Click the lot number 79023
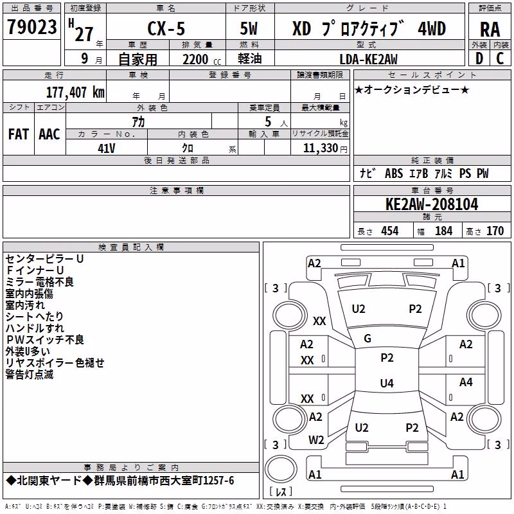pyautogui.click(x=31, y=27)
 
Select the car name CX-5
pyautogui.click(x=166, y=28)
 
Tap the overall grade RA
pyautogui.click(x=490, y=30)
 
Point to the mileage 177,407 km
pyautogui.click(x=75, y=92)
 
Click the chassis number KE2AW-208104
pyautogui.click(x=432, y=204)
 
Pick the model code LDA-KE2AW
pyautogui.click(x=368, y=59)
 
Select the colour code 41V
pyautogui.click(x=107, y=148)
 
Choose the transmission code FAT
pyautogui.click(x=19, y=134)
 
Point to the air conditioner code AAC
pyautogui.click(x=49, y=134)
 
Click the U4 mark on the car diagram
pyautogui.click(x=387, y=383)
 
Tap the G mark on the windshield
pyautogui.click(x=368, y=339)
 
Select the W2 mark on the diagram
pyautogui.click(x=316, y=440)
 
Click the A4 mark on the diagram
pyautogui.click(x=466, y=382)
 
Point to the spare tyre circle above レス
pyautogui.click(x=281, y=468)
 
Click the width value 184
pyautogui.click(x=443, y=231)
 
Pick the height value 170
pyautogui.click(x=495, y=231)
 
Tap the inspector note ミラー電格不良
pyautogui.click(x=40, y=282)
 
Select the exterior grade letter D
pyautogui.click(x=479, y=58)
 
